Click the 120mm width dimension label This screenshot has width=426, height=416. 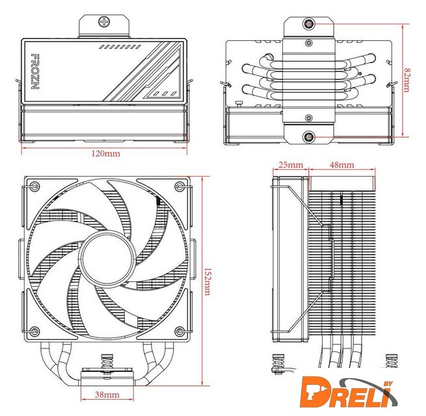click(105, 153)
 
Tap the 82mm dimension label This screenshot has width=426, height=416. click(406, 81)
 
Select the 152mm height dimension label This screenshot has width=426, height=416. click(207, 281)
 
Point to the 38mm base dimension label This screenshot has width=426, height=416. click(107, 395)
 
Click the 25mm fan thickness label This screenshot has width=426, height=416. click(291, 165)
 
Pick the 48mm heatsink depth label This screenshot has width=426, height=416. click(342, 165)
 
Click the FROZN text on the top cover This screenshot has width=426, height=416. click(35, 71)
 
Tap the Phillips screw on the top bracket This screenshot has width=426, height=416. click(104, 21)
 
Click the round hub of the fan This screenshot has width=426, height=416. click(108, 258)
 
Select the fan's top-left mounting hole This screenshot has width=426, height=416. click(34, 186)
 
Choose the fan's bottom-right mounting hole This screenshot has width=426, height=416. click(180, 331)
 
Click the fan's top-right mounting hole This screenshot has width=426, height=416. click(180, 186)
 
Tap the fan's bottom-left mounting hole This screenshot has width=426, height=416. click(34, 331)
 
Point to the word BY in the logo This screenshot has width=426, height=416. click(388, 383)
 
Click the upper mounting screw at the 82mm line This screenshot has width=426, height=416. click(309, 24)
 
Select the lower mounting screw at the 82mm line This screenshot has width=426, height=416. click(309, 137)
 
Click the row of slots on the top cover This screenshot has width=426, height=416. click(120, 47)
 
